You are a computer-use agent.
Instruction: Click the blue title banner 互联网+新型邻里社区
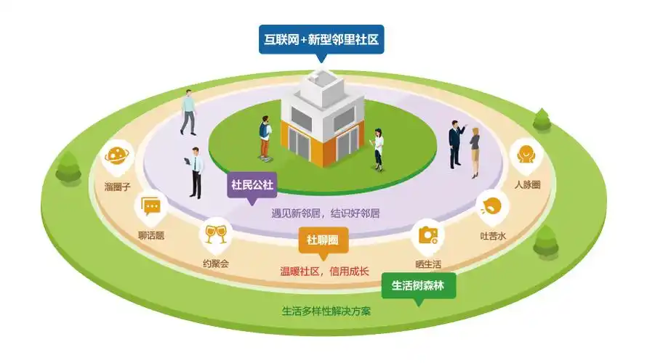tap(321, 38)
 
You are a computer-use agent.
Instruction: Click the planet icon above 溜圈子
tap(118, 154)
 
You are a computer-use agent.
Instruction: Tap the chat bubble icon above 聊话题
tap(152, 208)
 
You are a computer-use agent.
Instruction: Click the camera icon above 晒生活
tap(427, 236)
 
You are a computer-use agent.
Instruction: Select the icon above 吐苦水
tap(492, 205)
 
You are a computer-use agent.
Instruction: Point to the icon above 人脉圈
tap(526, 155)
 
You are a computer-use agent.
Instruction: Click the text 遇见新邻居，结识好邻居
tap(325, 213)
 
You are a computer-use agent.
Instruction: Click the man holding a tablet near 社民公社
tap(194, 172)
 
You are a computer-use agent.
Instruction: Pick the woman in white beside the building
tap(379, 149)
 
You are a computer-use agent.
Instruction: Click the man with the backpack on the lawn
tap(265, 139)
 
